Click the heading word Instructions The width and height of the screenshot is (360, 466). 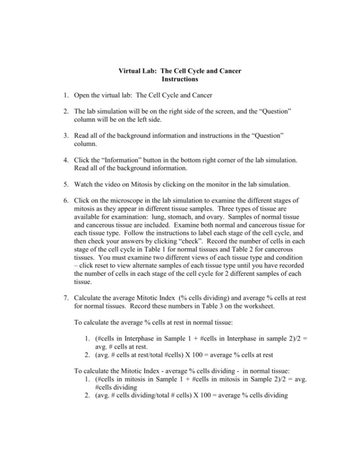click(x=180, y=79)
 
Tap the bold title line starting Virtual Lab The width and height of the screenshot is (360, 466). click(x=180, y=71)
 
